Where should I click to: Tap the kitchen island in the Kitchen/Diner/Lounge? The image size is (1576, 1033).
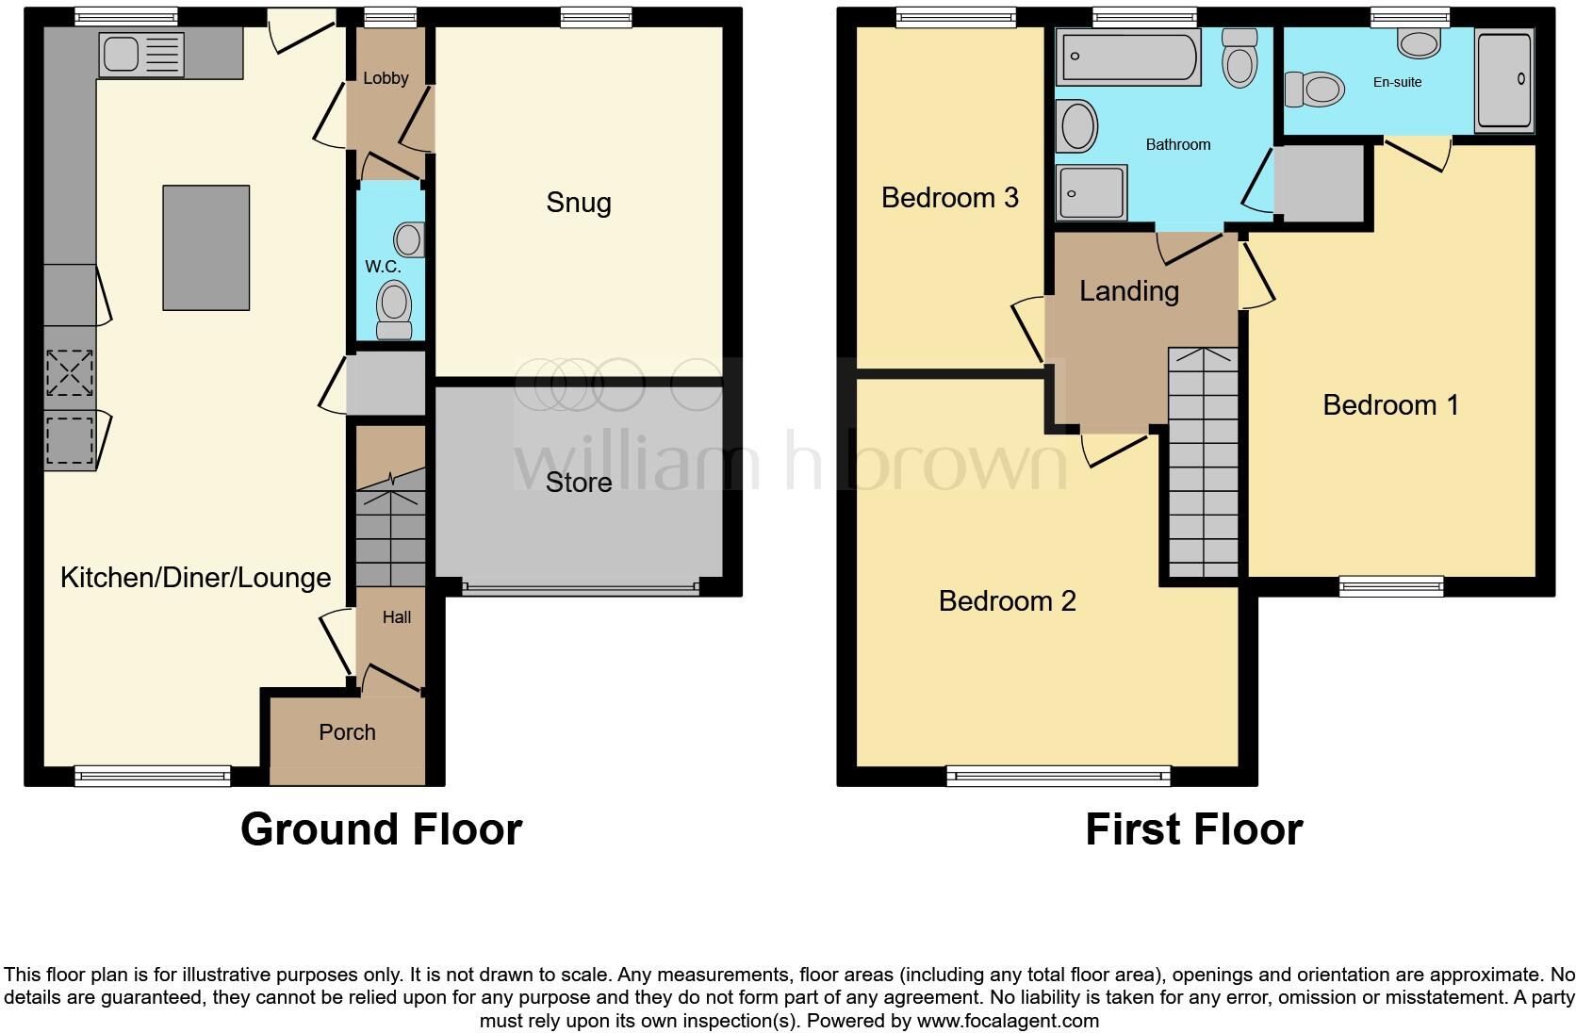click(x=205, y=248)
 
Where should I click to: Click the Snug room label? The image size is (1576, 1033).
click(x=579, y=203)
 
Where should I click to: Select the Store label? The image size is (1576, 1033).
click(x=579, y=483)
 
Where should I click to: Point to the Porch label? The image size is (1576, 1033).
click(x=347, y=732)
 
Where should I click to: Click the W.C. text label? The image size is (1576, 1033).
click(x=383, y=267)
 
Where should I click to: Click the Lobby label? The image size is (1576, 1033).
click(x=386, y=78)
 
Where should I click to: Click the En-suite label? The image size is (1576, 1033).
click(x=1397, y=82)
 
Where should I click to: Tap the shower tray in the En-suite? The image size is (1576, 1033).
click(x=1504, y=81)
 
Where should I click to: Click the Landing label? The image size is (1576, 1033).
click(x=1128, y=291)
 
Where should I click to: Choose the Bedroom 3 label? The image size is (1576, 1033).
click(x=949, y=197)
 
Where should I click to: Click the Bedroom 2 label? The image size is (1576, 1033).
click(x=1007, y=600)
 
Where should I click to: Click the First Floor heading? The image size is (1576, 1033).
click(x=1193, y=829)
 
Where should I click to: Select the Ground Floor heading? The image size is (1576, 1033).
click(x=381, y=829)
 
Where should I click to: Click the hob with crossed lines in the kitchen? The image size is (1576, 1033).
click(x=70, y=372)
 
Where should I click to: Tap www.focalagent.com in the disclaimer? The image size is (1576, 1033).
click(x=1008, y=1020)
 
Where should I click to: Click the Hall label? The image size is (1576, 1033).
click(x=396, y=617)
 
